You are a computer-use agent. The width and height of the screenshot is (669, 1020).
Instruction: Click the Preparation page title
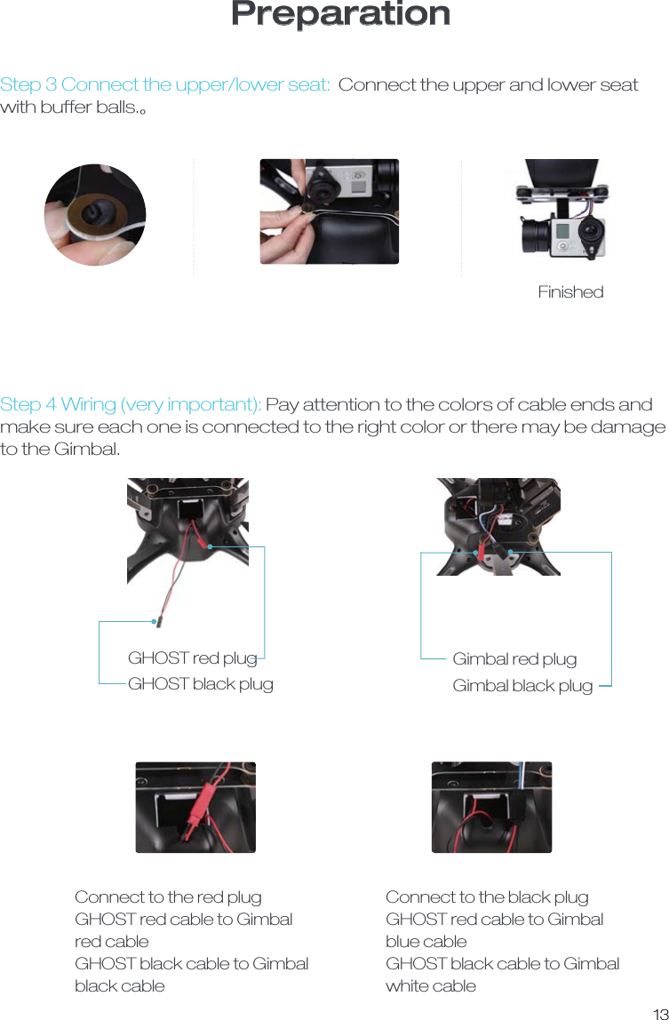[x=340, y=15]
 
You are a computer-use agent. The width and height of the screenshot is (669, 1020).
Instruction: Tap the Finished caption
[x=570, y=292]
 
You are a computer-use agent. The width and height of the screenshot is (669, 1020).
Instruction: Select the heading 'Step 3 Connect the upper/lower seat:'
[x=165, y=85]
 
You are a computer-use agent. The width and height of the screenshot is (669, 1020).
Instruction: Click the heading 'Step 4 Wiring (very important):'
[x=131, y=405]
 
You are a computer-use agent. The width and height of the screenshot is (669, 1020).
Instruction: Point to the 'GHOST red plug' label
[x=192, y=658]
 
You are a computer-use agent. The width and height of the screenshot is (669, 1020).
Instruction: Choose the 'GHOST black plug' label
[x=200, y=684]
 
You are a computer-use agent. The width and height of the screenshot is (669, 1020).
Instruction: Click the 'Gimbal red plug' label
[x=514, y=659]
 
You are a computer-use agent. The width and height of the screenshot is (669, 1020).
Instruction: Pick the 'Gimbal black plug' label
[x=522, y=686]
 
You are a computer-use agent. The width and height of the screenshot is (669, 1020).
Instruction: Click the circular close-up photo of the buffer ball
[x=95, y=214]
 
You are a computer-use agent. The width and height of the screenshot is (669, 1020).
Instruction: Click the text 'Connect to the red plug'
[x=168, y=897]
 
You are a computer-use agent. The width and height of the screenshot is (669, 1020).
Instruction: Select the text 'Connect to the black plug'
[x=487, y=897]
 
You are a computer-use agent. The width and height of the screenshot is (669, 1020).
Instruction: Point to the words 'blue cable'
[x=426, y=942]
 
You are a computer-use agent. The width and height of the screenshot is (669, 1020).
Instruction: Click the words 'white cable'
[x=431, y=986]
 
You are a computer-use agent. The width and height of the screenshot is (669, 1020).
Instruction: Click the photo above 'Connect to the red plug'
[x=195, y=807]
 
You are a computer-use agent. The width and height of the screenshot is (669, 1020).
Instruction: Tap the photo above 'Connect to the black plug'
[x=491, y=807]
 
